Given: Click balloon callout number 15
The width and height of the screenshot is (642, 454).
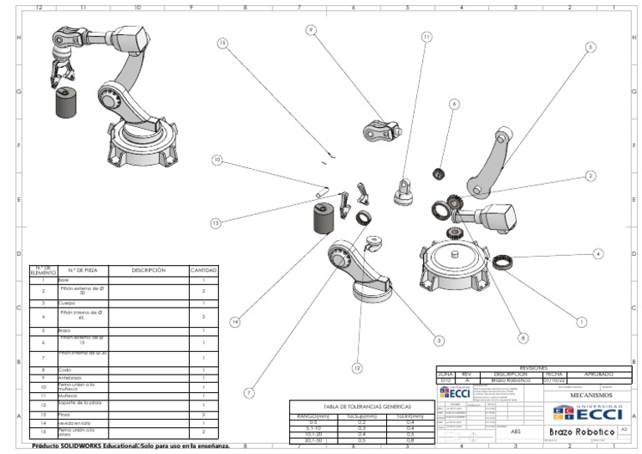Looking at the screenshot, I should (222, 43).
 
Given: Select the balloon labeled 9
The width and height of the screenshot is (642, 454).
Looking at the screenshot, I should (310, 30).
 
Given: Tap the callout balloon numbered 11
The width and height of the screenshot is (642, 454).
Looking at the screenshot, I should (426, 37).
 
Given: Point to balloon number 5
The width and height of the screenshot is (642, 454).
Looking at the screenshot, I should (590, 48).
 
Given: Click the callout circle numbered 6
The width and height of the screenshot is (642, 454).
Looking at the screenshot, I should (454, 105).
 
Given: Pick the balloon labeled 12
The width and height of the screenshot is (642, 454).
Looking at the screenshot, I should (357, 368).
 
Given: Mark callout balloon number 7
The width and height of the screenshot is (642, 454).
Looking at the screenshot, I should (248, 392).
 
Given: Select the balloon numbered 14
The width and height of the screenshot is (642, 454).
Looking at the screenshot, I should (236, 321).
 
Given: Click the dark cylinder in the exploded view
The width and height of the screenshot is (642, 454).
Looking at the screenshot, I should (324, 222).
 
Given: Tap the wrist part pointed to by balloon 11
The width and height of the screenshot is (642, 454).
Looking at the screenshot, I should (405, 192).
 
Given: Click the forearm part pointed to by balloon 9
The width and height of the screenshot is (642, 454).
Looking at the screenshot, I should (381, 131).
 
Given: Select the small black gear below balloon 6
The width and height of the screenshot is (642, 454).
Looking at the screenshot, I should (436, 174).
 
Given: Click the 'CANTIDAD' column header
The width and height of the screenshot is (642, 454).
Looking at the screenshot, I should (203, 270).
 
